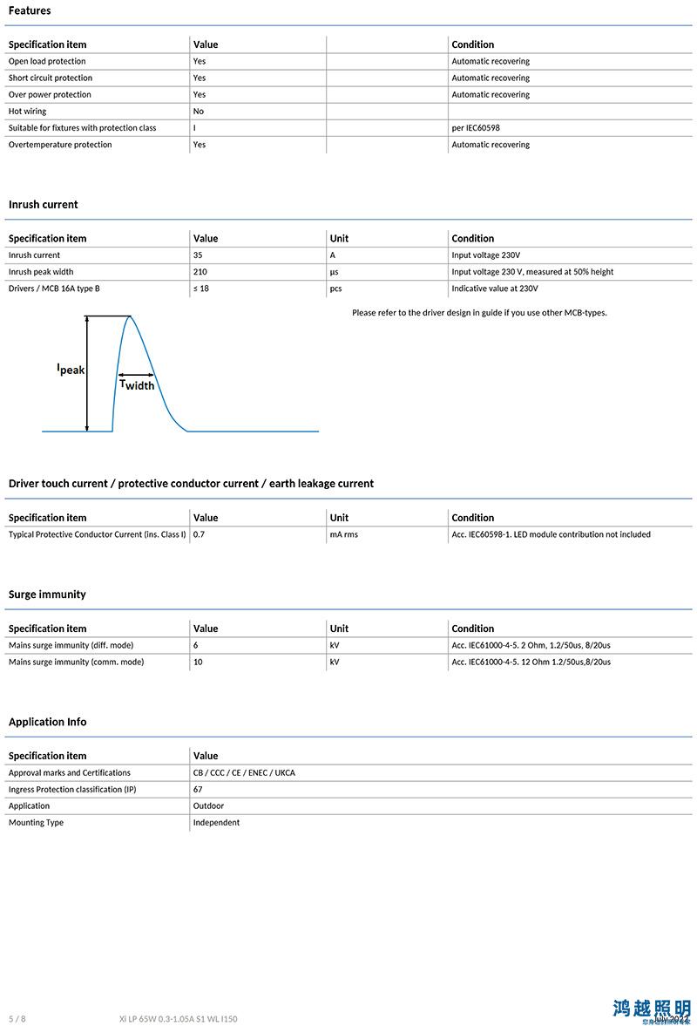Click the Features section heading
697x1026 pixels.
pos(30,10)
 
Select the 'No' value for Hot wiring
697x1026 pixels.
pos(199,112)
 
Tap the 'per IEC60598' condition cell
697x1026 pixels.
pos(476,128)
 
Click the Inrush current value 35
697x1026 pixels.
pos(199,255)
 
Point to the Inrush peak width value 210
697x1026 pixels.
pos(200,272)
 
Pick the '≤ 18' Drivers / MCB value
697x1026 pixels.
pos(201,289)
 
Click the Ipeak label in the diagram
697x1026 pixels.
pos(71,370)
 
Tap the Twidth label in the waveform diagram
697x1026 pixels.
pos(137,384)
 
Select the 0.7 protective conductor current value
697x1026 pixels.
pos(199,534)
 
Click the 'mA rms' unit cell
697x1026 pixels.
pos(343,534)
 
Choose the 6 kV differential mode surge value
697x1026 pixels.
pos(196,645)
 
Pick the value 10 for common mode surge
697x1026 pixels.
pos(199,662)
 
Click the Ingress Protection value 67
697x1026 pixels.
pos(198,790)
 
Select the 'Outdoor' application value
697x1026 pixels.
pos(208,806)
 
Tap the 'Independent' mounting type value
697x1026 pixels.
pos(216,823)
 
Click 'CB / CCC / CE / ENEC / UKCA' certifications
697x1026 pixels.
pos(244,773)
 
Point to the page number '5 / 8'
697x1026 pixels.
pos(17,1018)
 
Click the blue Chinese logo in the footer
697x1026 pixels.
pos(651,1009)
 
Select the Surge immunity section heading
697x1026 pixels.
pos(47,595)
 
